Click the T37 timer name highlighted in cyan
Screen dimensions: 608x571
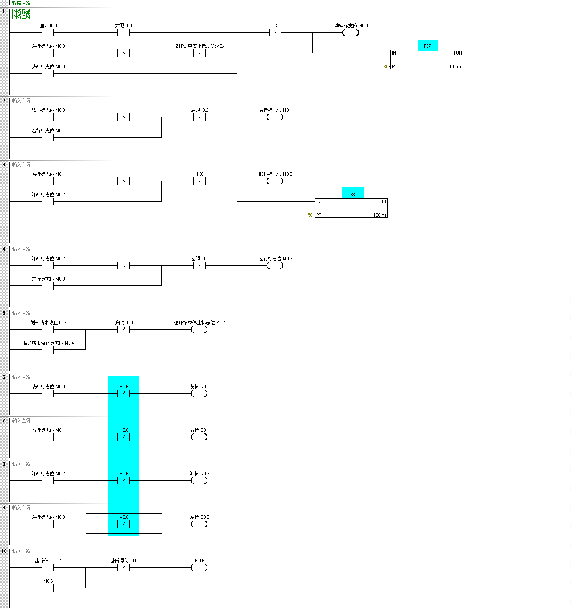tap(427, 46)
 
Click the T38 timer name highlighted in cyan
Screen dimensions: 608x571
tap(352, 194)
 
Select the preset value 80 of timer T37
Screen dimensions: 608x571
tap(386, 67)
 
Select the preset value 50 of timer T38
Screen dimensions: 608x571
tap(310, 215)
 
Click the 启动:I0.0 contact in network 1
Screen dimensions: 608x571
tap(48, 33)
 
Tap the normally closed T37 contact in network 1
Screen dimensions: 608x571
tap(275, 33)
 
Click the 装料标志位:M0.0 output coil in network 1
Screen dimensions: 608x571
tap(351, 33)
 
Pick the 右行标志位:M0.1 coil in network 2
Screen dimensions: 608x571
tap(275, 117)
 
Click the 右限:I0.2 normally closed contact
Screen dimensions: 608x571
tap(200, 117)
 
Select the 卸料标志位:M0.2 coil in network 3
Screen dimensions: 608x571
tap(275, 181)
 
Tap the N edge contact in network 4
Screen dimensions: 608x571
tap(124, 266)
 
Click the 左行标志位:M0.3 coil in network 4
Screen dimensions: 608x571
tap(275, 266)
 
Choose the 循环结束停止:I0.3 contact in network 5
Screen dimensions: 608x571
tap(48, 330)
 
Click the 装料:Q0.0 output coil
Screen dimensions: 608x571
tap(199, 394)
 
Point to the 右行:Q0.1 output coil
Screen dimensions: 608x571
tap(199, 437)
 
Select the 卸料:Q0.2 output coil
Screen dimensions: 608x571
tap(199, 481)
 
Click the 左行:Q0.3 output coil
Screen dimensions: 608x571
tap(199, 524)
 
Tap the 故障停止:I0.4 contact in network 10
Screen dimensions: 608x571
tap(48, 568)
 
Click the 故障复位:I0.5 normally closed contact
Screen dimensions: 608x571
tap(124, 568)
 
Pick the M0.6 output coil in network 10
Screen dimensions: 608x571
tap(199, 568)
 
